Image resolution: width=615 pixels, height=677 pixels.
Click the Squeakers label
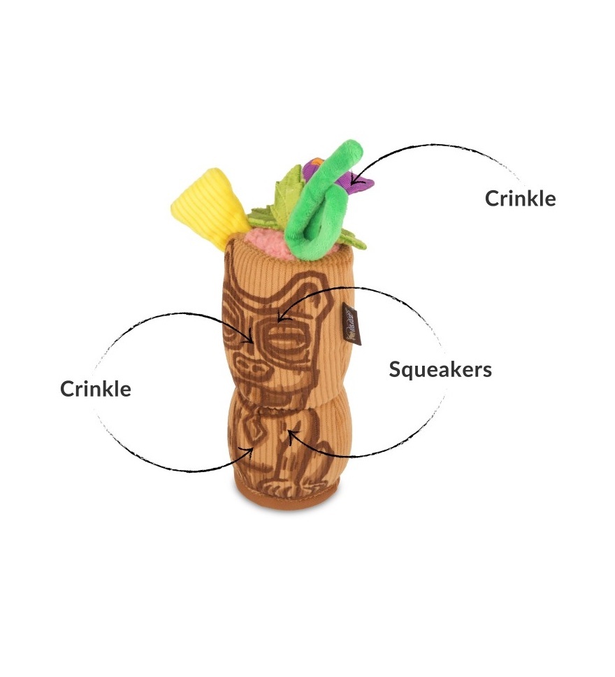coord(440,369)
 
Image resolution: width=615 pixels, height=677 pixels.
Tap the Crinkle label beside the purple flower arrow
coord(521,198)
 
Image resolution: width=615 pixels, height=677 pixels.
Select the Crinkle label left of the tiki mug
coord(96,388)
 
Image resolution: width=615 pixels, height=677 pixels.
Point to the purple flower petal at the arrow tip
coord(363,183)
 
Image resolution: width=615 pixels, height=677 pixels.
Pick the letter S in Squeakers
coord(395,369)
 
